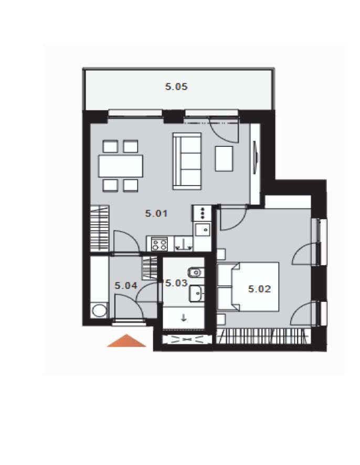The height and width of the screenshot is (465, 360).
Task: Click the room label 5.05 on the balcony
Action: click(176, 86)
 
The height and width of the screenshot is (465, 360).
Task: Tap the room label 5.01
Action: click(156, 213)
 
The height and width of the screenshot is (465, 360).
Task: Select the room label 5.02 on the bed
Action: click(260, 289)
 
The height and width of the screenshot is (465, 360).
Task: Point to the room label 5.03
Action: click(176, 283)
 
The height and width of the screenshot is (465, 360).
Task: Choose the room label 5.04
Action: click(126, 286)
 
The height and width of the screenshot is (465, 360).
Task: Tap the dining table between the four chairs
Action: click(121, 166)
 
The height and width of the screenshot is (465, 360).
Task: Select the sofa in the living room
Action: click(187, 161)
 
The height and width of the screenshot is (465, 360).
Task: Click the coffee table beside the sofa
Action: click(224, 159)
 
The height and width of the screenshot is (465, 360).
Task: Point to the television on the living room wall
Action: click(256, 157)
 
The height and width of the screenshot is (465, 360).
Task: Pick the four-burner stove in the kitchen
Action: click(160, 244)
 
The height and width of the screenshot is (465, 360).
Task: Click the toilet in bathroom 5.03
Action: click(196, 272)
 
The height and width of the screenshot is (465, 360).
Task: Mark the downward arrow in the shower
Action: click(184, 318)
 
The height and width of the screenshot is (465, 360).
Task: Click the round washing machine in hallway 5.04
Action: click(99, 311)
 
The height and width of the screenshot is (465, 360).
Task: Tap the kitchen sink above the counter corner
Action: click(203, 230)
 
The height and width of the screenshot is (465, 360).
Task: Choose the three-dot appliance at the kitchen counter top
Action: click(202, 213)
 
